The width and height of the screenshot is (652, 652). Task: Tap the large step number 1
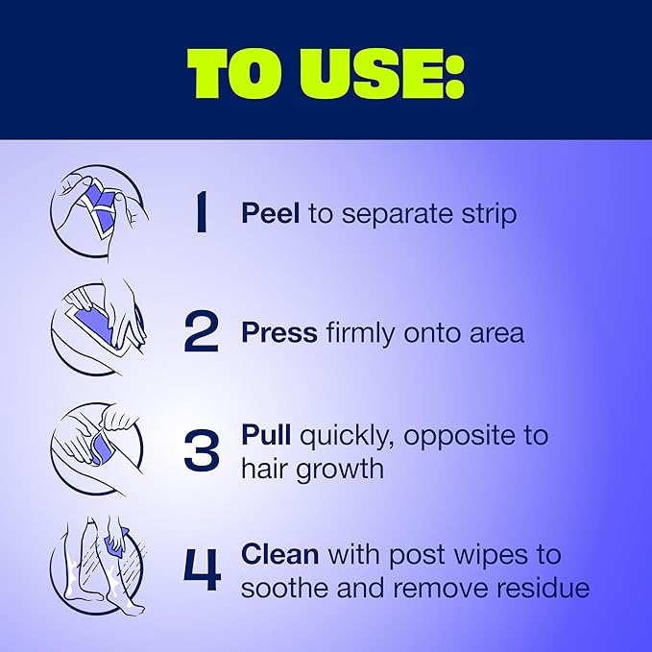point(201,213)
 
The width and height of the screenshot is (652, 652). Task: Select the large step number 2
point(202,332)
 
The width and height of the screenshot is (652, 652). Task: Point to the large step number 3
point(202,449)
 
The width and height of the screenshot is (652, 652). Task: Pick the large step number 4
point(202,568)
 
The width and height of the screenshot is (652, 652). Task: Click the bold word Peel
point(270,213)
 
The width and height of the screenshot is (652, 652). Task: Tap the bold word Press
point(278,332)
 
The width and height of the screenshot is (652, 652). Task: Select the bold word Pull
point(266,435)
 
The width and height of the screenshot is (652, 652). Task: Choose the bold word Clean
point(279,555)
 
